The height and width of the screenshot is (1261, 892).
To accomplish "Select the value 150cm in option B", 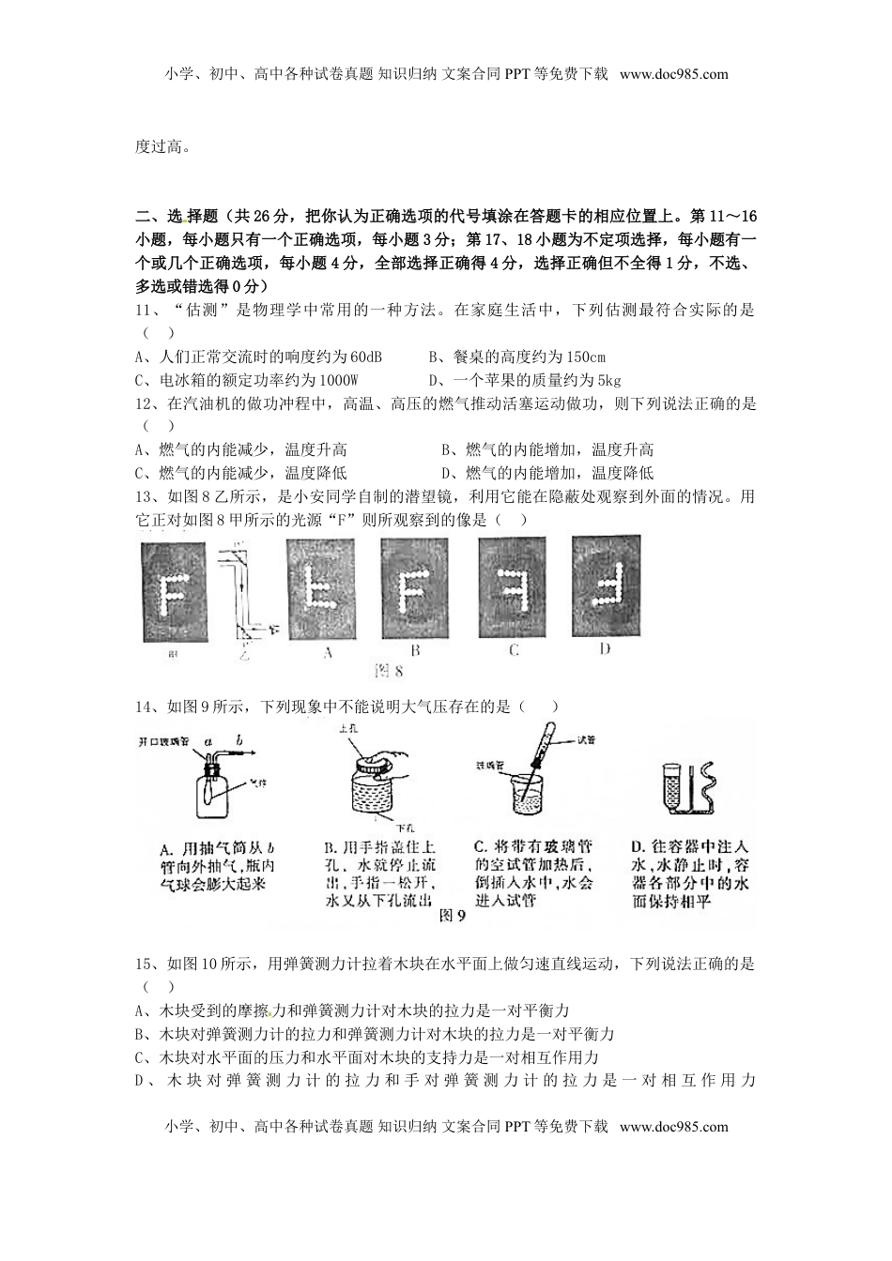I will (x=587, y=357).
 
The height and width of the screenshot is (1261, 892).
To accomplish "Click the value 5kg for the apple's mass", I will (x=607, y=380).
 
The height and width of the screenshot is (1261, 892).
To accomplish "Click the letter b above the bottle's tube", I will (x=239, y=740).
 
